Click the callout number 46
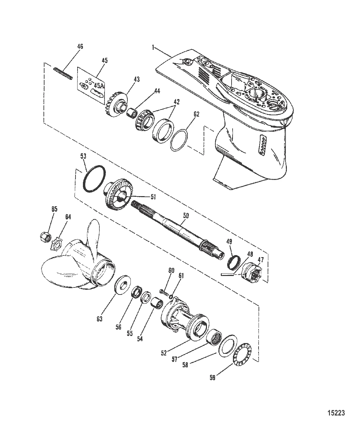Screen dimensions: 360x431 point(80,47)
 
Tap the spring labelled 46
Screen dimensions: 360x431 point(63,73)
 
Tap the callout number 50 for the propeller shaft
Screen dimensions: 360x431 point(186,216)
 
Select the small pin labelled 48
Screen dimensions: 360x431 point(227,274)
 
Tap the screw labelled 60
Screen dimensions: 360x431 point(163,292)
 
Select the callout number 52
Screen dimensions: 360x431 point(163,353)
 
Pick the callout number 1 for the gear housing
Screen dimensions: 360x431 point(153,48)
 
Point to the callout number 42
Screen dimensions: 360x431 point(177,102)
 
